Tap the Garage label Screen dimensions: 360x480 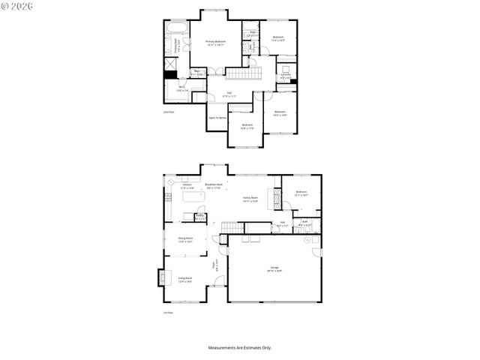point(274,268)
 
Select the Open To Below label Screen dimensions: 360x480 point(217,118)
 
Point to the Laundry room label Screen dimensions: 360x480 point(286,75)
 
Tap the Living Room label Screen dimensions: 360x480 point(184,280)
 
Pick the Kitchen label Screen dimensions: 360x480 point(187,186)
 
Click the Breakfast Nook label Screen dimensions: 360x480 point(214,186)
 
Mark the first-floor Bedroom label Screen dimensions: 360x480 point(301,193)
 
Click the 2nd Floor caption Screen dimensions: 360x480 point(169,112)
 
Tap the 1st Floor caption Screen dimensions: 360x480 point(169,313)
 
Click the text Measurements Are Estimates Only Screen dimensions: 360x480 point(240,347)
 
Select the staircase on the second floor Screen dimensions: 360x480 point(241,73)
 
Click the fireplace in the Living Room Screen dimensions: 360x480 point(160,277)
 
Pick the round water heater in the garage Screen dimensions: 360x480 point(307,242)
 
